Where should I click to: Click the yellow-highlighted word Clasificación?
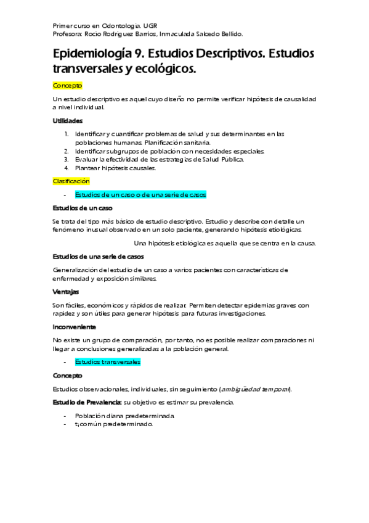pos(71,181)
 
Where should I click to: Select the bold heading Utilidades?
pos(68,120)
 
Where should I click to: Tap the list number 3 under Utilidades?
pos(67,159)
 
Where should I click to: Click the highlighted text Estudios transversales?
pos(108,362)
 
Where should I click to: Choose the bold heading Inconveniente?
pos(75,327)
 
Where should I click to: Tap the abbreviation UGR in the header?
pos(150,27)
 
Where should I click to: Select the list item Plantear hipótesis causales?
pos(116,168)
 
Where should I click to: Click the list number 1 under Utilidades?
pos(67,133)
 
